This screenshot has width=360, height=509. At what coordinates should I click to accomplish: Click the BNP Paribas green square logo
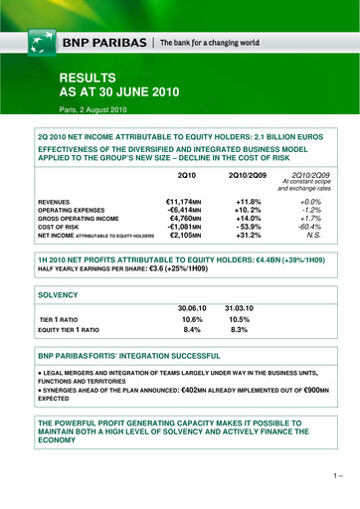pos(41,44)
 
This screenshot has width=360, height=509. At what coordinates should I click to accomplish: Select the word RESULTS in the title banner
pos(89,77)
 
